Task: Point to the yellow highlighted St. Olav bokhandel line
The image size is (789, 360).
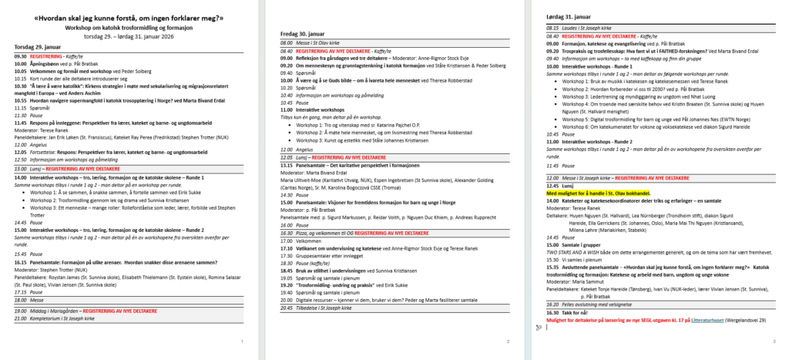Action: click(598, 193)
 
